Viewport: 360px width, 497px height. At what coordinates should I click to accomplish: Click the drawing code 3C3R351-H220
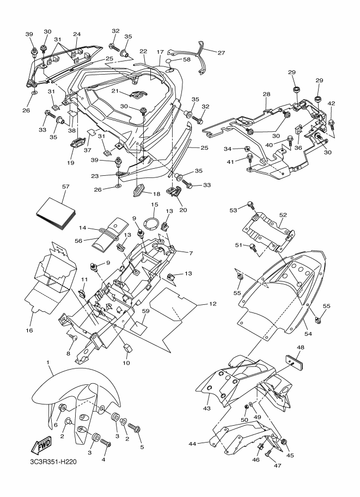pyautogui.click(x=51, y=462)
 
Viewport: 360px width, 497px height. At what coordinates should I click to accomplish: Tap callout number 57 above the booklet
pyautogui.click(x=66, y=187)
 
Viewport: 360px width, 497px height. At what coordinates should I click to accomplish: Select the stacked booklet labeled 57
pyautogui.click(x=56, y=213)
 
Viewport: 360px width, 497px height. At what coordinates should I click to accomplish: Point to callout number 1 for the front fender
pyautogui.click(x=48, y=362)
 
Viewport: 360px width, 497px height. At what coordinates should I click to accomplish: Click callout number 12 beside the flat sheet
pyautogui.click(x=212, y=304)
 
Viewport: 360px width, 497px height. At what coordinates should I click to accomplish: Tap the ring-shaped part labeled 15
pyautogui.click(x=152, y=221)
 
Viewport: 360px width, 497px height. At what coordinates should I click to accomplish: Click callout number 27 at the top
pyautogui.click(x=221, y=53)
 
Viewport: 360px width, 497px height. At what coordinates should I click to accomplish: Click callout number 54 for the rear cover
pyautogui.click(x=308, y=334)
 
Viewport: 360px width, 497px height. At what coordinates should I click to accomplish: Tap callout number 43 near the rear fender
pyautogui.click(x=206, y=408)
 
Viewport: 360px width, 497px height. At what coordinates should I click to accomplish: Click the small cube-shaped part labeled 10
pyautogui.click(x=127, y=348)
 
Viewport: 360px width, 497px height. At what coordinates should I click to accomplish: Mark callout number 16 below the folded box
pyautogui.click(x=29, y=330)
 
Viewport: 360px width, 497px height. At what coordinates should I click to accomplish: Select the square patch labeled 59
pyautogui.click(x=139, y=325)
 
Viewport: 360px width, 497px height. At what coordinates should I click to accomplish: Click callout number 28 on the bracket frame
pyautogui.click(x=266, y=94)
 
